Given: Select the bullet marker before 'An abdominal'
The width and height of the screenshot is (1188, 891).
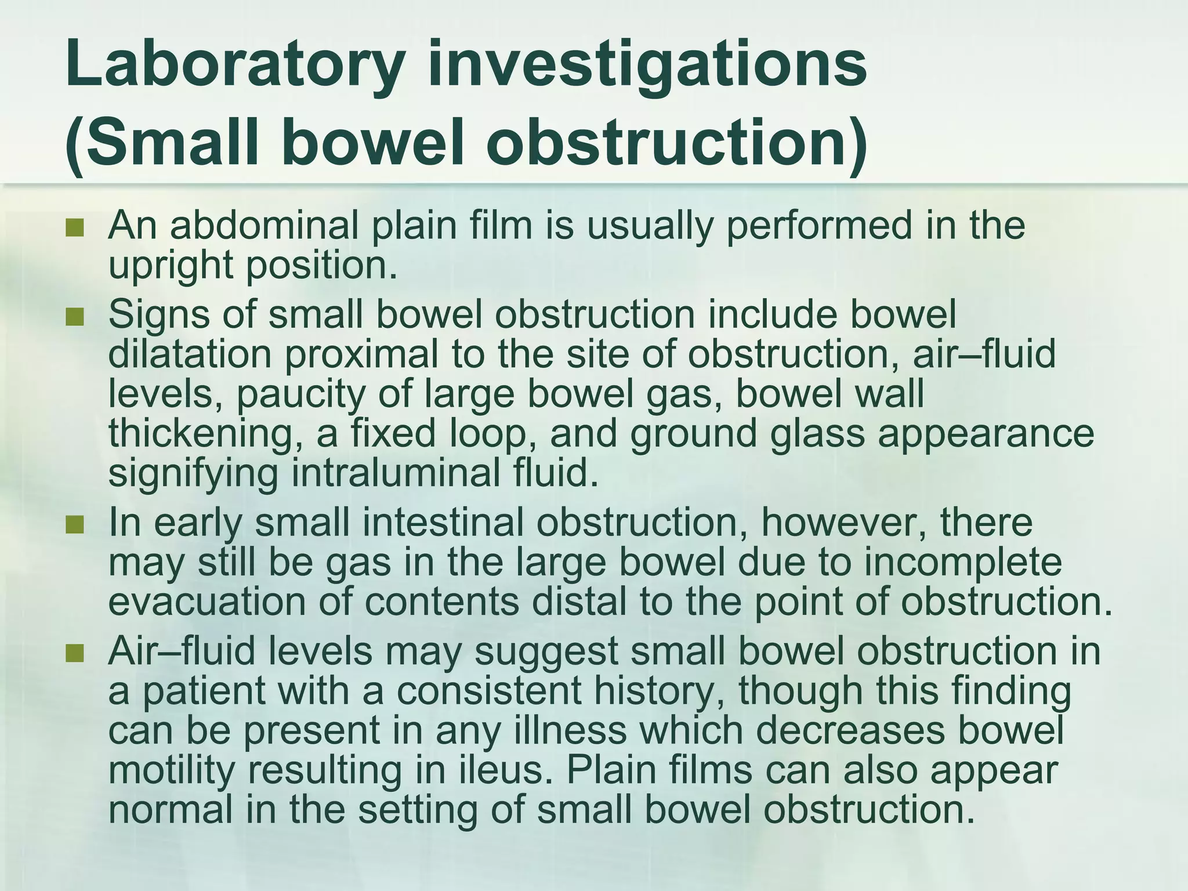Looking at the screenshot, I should [75, 227].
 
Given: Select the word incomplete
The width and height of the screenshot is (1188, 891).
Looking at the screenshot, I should [964, 563].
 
